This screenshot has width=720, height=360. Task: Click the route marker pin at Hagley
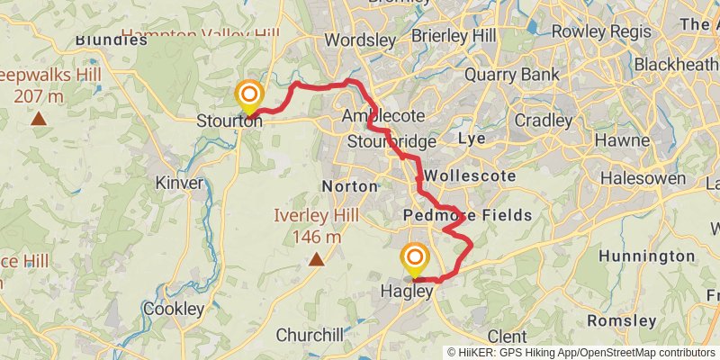pyautogui.click(x=415, y=259)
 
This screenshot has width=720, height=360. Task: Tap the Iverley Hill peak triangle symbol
pyautogui.click(x=317, y=260)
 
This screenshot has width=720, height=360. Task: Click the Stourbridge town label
pyautogui.click(x=391, y=142)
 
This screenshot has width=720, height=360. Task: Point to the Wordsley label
pyautogui.click(x=359, y=40)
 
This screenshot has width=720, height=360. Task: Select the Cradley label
pyautogui.click(x=544, y=120)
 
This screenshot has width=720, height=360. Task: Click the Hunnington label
pyautogui.click(x=646, y=256)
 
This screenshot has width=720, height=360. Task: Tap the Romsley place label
pyautogui.click(x=621, y=320)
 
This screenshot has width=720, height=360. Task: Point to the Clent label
pyautogui.click(x=507, y=337)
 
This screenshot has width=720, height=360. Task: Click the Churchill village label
pyautogui.click(x=310, y=335)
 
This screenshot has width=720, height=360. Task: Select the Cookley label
pyautogui.click(x=173, y=309)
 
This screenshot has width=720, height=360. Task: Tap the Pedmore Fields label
pyautogui.click(x=468, y=216)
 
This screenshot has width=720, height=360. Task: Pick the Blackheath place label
pyautogui.click(x=676, y=65)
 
